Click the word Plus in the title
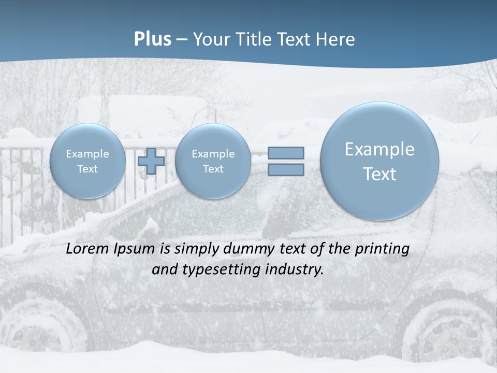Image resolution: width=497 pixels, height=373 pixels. (152, 39)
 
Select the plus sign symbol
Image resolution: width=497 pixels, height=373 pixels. (151, 161)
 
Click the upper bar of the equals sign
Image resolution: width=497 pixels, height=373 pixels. (286, 153)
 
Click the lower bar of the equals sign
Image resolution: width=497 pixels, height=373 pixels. (286, 169)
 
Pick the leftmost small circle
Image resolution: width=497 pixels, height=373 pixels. (87, 161)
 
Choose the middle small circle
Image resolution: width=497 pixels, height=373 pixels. (213, 161)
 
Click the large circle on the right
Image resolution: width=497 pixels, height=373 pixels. (379, 161)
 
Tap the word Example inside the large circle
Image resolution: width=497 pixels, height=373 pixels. (379, 149)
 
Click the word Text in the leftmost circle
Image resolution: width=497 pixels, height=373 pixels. (87, 169)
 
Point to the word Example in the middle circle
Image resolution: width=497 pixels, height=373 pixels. (213, 154)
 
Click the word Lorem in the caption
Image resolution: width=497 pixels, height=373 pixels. (85, 249)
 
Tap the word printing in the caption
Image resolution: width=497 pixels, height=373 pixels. (382, 249)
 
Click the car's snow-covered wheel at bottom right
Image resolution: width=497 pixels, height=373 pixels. (445, 332)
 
